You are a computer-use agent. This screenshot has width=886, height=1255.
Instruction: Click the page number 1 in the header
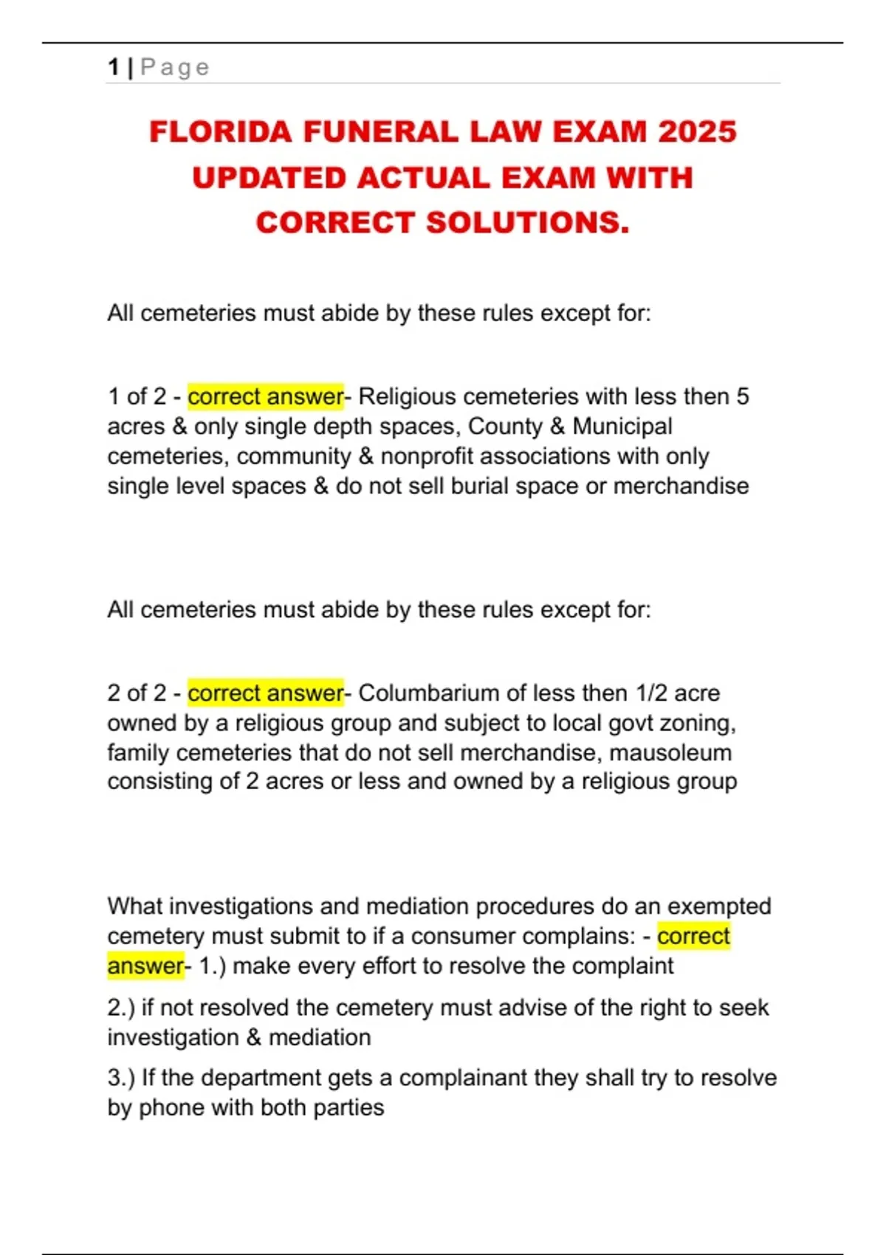click(x=113, y=67)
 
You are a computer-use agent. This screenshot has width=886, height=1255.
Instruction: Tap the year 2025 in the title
click(x=697, y=132)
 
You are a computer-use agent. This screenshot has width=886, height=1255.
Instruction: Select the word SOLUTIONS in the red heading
click(x=527, y=223)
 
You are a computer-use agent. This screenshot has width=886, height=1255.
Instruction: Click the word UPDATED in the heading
click(x=269, y=178)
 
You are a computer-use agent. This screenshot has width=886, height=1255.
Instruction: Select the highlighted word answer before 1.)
click(x=145, y=966)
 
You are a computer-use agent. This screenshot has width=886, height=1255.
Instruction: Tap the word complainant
click(x=462, y=1078)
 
